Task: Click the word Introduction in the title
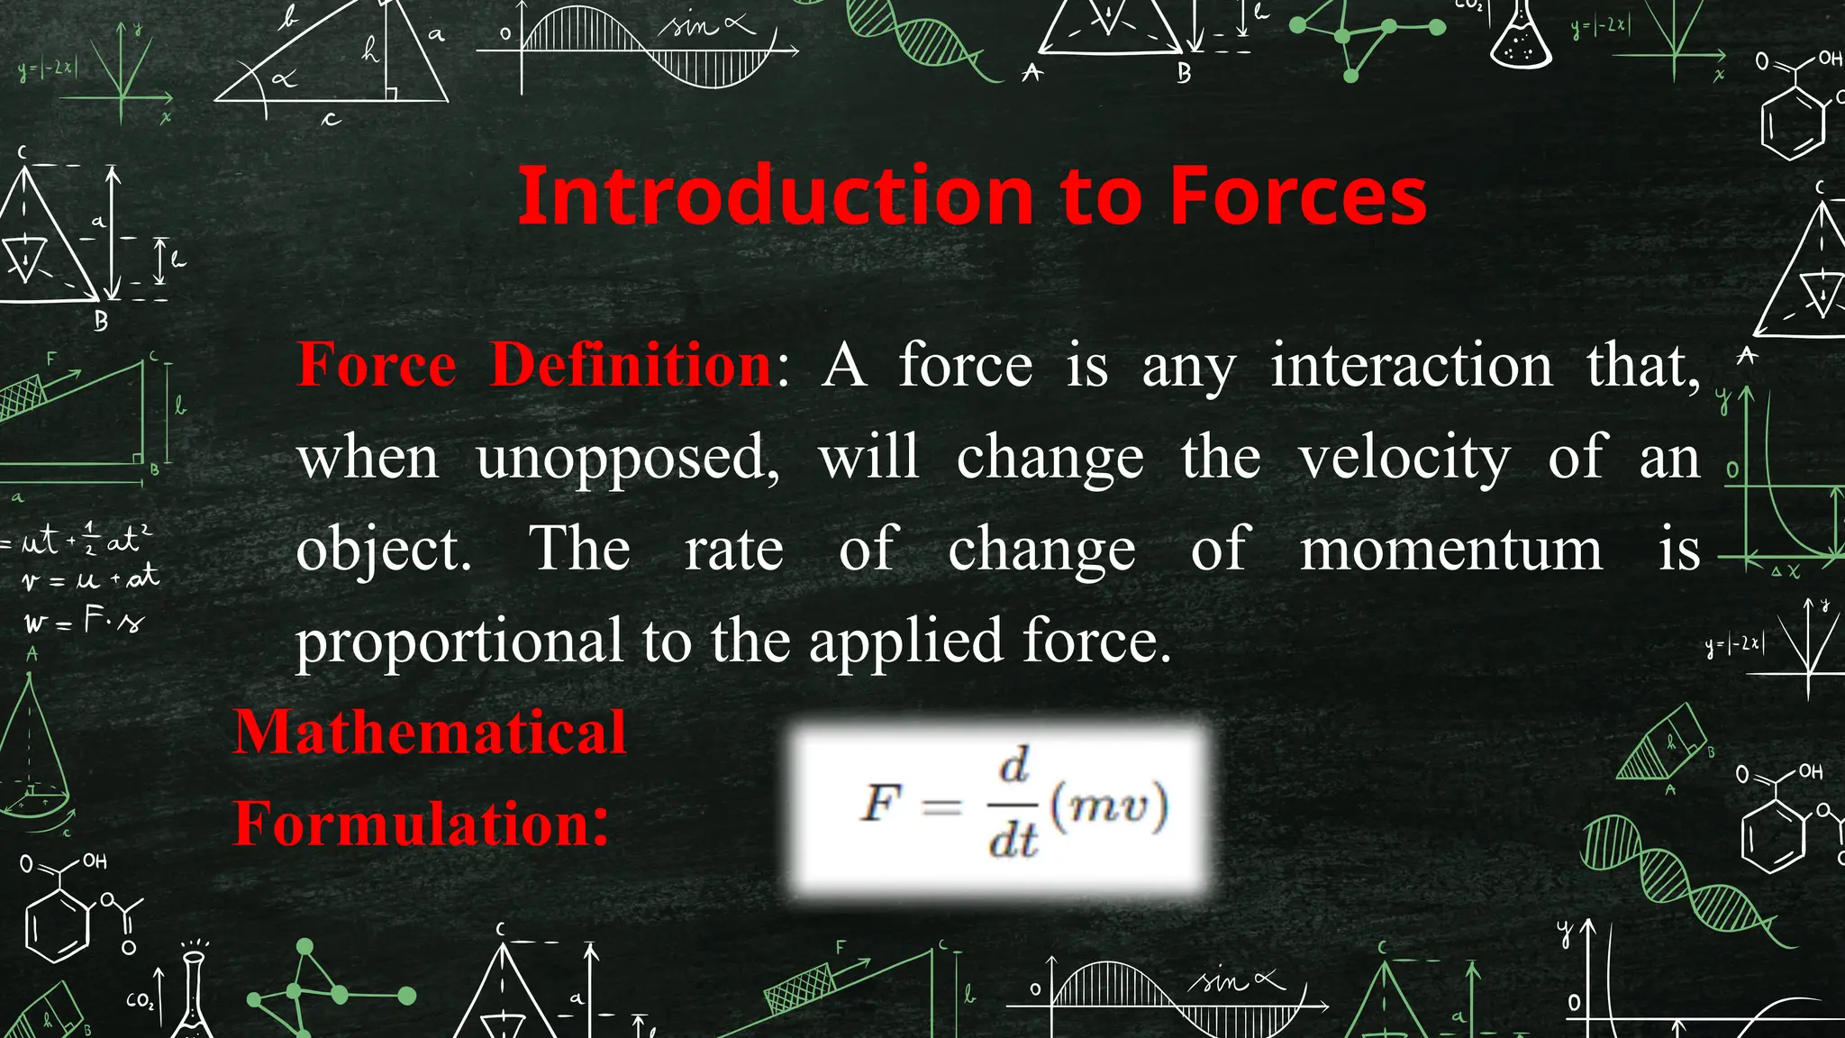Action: point(775,196)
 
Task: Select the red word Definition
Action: point(631,366)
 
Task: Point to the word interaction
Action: point(1412,366)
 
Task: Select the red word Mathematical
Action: point(430,732)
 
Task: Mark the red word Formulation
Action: point(421,824)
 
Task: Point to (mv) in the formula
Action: point(1109,804)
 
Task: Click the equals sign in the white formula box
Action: point(941,805)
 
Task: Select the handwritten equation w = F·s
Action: point(84,621)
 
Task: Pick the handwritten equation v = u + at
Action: point(90,578)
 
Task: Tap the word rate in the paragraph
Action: point(734,550)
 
